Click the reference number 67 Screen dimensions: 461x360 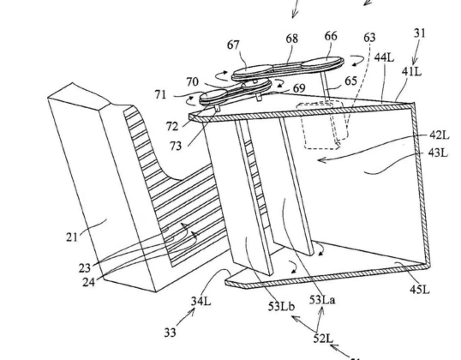point(233,45)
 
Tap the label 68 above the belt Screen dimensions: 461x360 point(291,39)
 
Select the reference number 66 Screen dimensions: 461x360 point(331,36)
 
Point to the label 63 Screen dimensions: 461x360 point(369,38)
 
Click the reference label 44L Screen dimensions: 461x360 point(384,57)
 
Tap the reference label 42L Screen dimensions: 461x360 point(440,135)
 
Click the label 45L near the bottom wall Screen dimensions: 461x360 point(420,290)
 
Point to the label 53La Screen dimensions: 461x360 point(322,300)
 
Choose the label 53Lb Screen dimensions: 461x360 point(281,307)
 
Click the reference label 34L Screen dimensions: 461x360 point(201,301)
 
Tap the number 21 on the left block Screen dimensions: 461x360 point(72,237)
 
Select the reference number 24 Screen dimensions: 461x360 point(88,282)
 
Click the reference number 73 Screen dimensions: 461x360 point(176,146)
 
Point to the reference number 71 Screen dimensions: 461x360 point(160,94)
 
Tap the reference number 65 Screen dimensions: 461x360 point(350,81)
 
